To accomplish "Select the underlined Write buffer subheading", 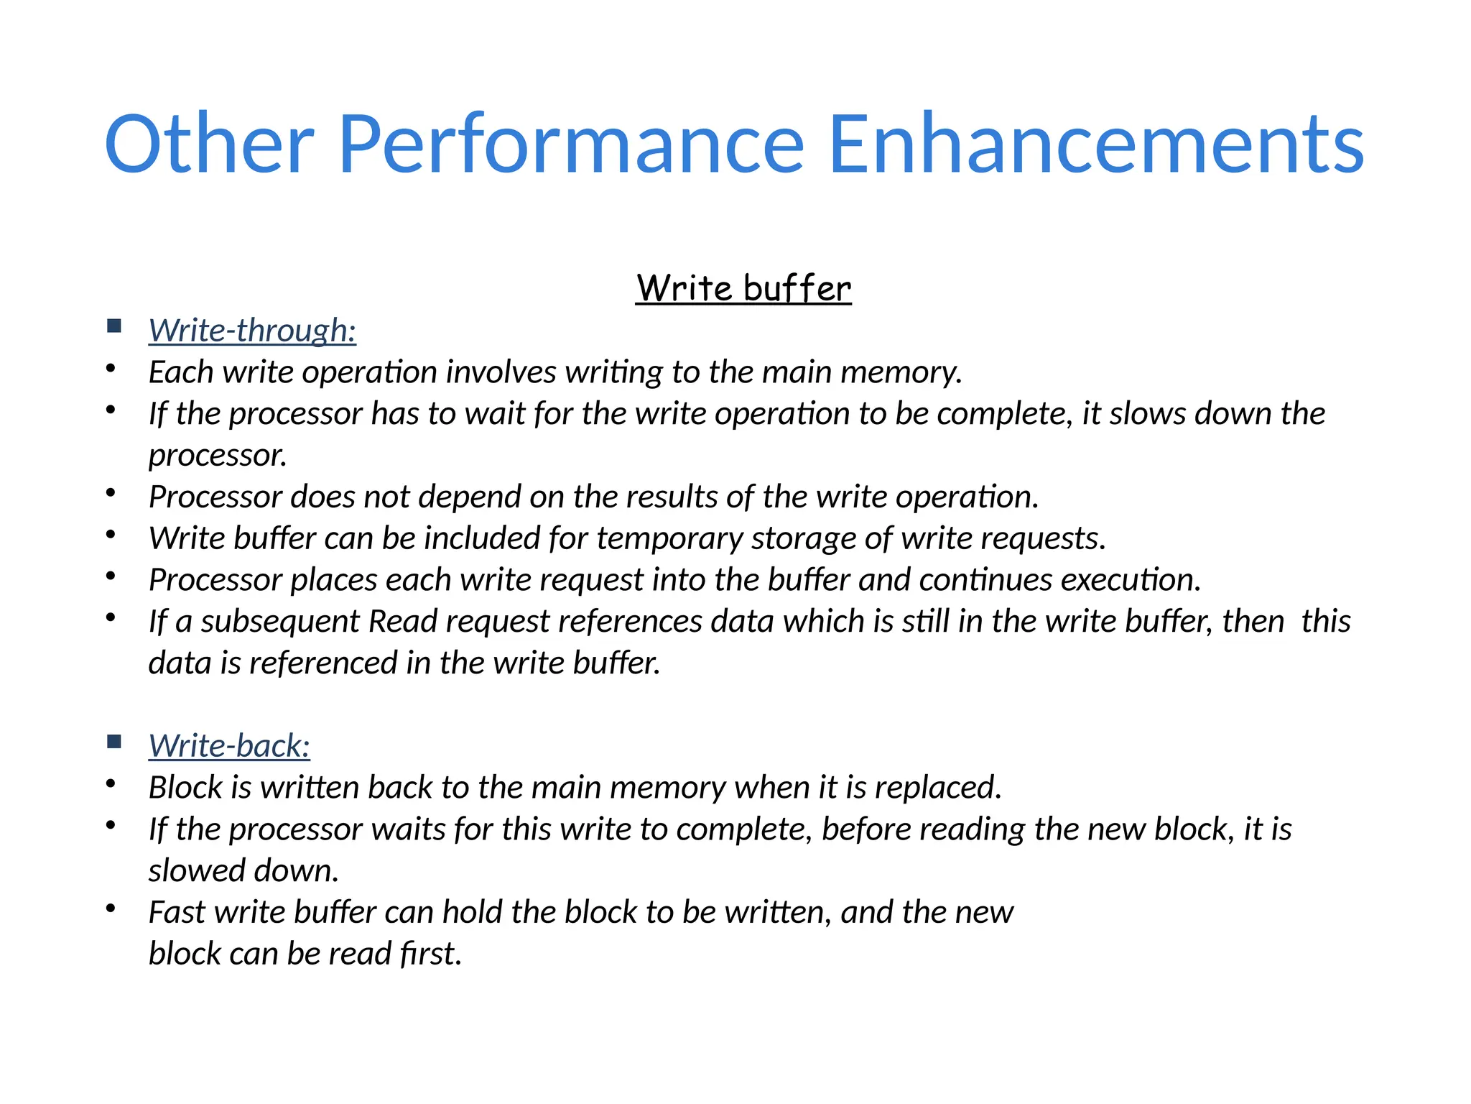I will (743, 288).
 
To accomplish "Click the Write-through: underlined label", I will (252, 331).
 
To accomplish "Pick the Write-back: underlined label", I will (229, 746).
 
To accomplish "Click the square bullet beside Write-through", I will (114, 326).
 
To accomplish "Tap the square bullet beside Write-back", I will (114, 742).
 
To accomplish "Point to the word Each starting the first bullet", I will (181, 372).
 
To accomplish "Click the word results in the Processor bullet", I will (672, 497).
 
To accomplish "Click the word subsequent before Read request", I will (280, 622).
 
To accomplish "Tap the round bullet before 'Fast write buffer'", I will (111, 908).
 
